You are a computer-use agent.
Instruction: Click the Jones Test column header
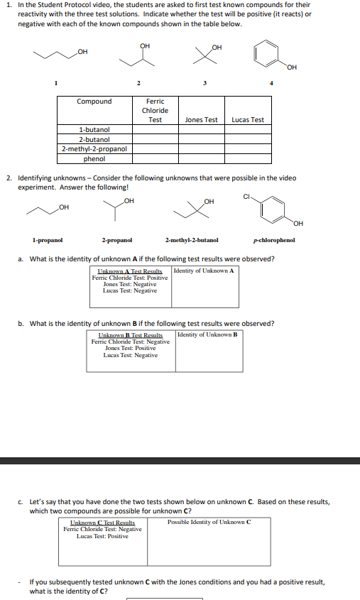coord(201,120)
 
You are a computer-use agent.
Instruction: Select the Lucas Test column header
coord(248,120)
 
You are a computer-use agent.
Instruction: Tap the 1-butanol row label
coord(94,130)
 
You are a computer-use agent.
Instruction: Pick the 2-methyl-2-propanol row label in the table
coord(94,149)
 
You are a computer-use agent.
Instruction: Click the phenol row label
coord(94,158)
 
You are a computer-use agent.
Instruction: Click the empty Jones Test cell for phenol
coord(201,158)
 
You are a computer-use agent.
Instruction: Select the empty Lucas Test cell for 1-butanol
coord(248,130)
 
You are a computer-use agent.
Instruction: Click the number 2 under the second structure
coord(139,85)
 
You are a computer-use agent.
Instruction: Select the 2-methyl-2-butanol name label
coord(192,241)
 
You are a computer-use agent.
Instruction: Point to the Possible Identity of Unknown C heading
coord(209,522)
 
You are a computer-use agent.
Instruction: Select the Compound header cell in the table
coord(94,102)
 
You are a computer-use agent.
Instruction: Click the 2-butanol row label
coord(94,140)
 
